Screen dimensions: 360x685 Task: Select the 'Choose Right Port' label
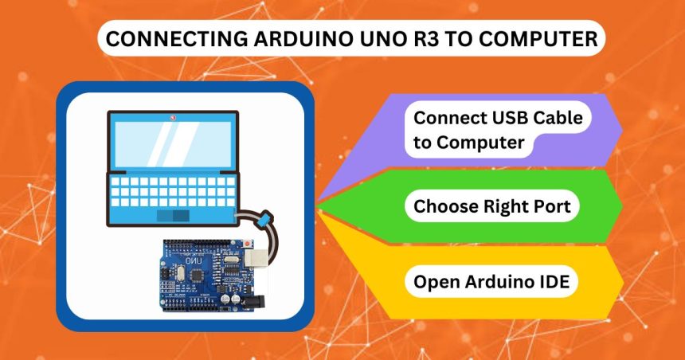pos(491,207)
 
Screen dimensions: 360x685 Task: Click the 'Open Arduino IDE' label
pos(491,282)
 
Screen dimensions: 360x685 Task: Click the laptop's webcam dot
pos(172,117)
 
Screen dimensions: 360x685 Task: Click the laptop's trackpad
pos(172,216)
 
